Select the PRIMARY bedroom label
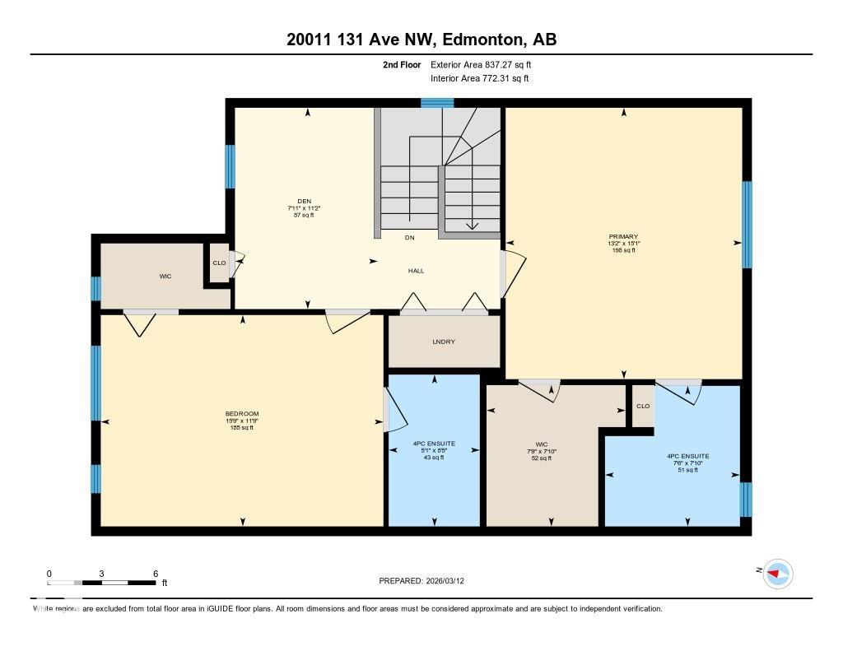coord(622,236)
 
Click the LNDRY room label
coord(444,342)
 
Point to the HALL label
coord(417,271)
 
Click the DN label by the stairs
coord(409,238)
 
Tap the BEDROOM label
coord(242,413)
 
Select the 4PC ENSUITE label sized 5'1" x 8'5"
coord(434,444)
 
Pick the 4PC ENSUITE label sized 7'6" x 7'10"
coord(687,456)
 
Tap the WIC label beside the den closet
coord(165,277)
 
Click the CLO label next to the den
coord(219,263)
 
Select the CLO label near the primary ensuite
coord(643,406)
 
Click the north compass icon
coord(777,573)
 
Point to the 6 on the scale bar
coord(155,574)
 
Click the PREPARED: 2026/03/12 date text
coord(426,581)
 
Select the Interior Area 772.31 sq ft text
coord(479,79)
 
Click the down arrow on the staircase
coord(473,224)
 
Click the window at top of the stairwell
coord(437,103)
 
